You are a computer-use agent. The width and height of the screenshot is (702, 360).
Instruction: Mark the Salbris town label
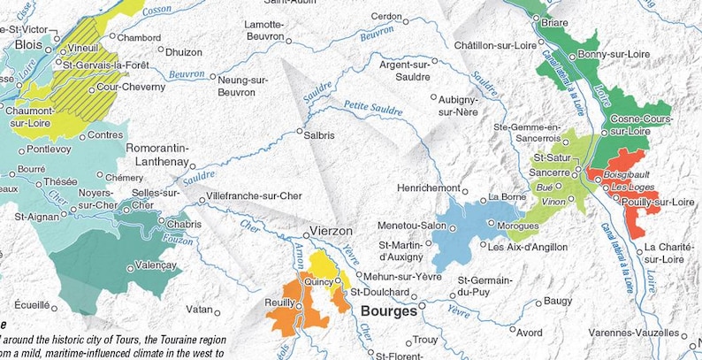(x=319, y=136)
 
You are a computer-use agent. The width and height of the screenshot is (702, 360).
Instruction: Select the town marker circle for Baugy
(x=537, y=302)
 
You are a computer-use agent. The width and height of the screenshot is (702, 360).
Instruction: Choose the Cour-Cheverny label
(x=131, y=87)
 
